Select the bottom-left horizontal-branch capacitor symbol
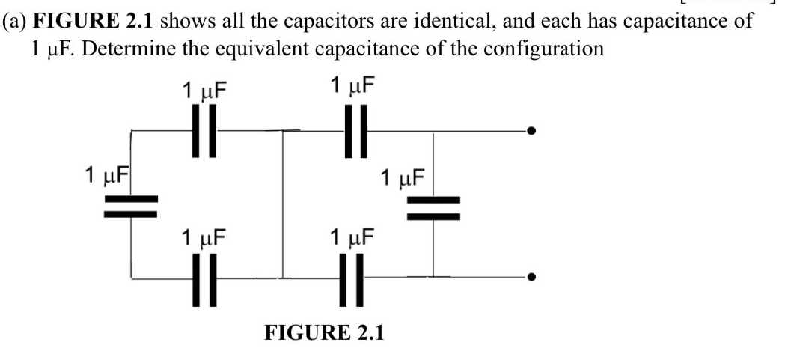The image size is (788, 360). point(203,278)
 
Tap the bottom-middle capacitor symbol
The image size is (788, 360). point(354,278)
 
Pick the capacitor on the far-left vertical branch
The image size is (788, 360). point(131,205)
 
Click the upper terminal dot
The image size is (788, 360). point(531,132)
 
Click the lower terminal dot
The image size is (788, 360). point(531,278)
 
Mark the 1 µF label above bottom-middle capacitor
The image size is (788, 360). point(352,238)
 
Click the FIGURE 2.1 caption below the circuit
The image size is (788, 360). point(324,332)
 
